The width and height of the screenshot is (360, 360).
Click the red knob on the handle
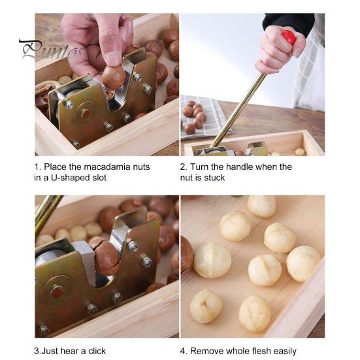(x=289, y=37)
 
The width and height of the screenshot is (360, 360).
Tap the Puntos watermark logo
(x=52, y=50)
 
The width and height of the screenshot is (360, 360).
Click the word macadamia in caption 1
(x=107, y=167)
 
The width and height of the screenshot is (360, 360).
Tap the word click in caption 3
(x=97, y=351)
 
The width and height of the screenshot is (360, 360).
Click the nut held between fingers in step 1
(x=114, y=77)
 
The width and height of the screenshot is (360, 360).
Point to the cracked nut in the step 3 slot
(x=106, y=257)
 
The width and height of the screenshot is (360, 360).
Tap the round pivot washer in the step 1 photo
(x=84, y=114)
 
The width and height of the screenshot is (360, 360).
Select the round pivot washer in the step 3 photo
(x=56, y=291)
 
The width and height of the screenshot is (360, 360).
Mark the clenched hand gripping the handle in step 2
(x=280, y=50)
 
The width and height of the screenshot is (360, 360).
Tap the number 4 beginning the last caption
(x=182, y=351)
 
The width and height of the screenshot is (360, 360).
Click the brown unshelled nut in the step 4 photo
(x=186, y=254)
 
